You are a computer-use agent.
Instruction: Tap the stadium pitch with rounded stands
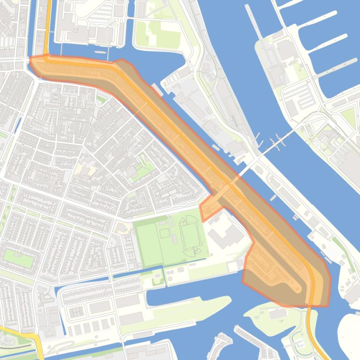191,236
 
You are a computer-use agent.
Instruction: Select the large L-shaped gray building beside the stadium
225,236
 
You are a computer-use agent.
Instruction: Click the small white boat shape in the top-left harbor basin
100,52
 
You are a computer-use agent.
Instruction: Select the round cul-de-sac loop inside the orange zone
296,288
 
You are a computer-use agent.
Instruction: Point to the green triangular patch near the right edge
349,117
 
